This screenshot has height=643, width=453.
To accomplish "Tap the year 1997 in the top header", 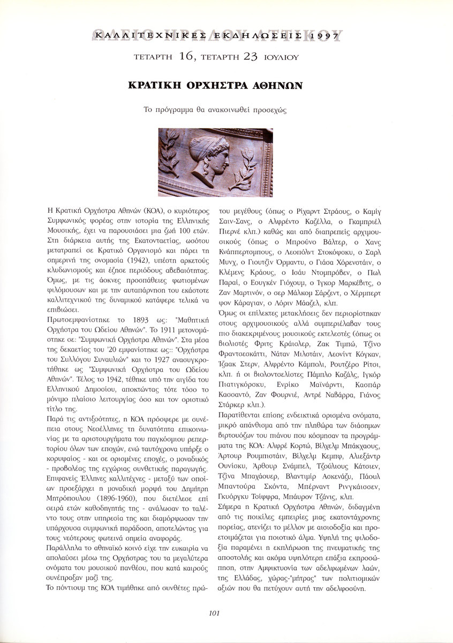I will pos(323,36).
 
